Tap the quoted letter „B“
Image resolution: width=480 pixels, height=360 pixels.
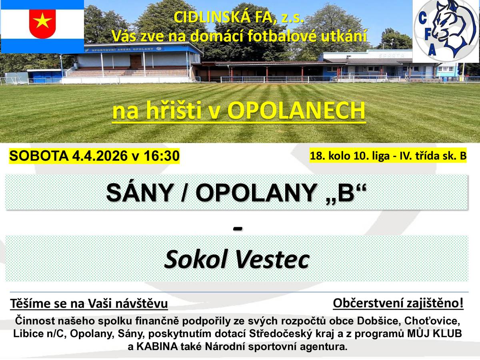(x=346, y=194)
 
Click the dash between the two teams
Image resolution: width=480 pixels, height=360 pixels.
(x=237, y=228)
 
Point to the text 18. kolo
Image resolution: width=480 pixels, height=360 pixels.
(x=327, y=156)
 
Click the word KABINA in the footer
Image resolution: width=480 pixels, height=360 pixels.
(x=154, y=347)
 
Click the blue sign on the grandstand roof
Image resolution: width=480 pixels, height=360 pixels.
(x=126, y=50)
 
